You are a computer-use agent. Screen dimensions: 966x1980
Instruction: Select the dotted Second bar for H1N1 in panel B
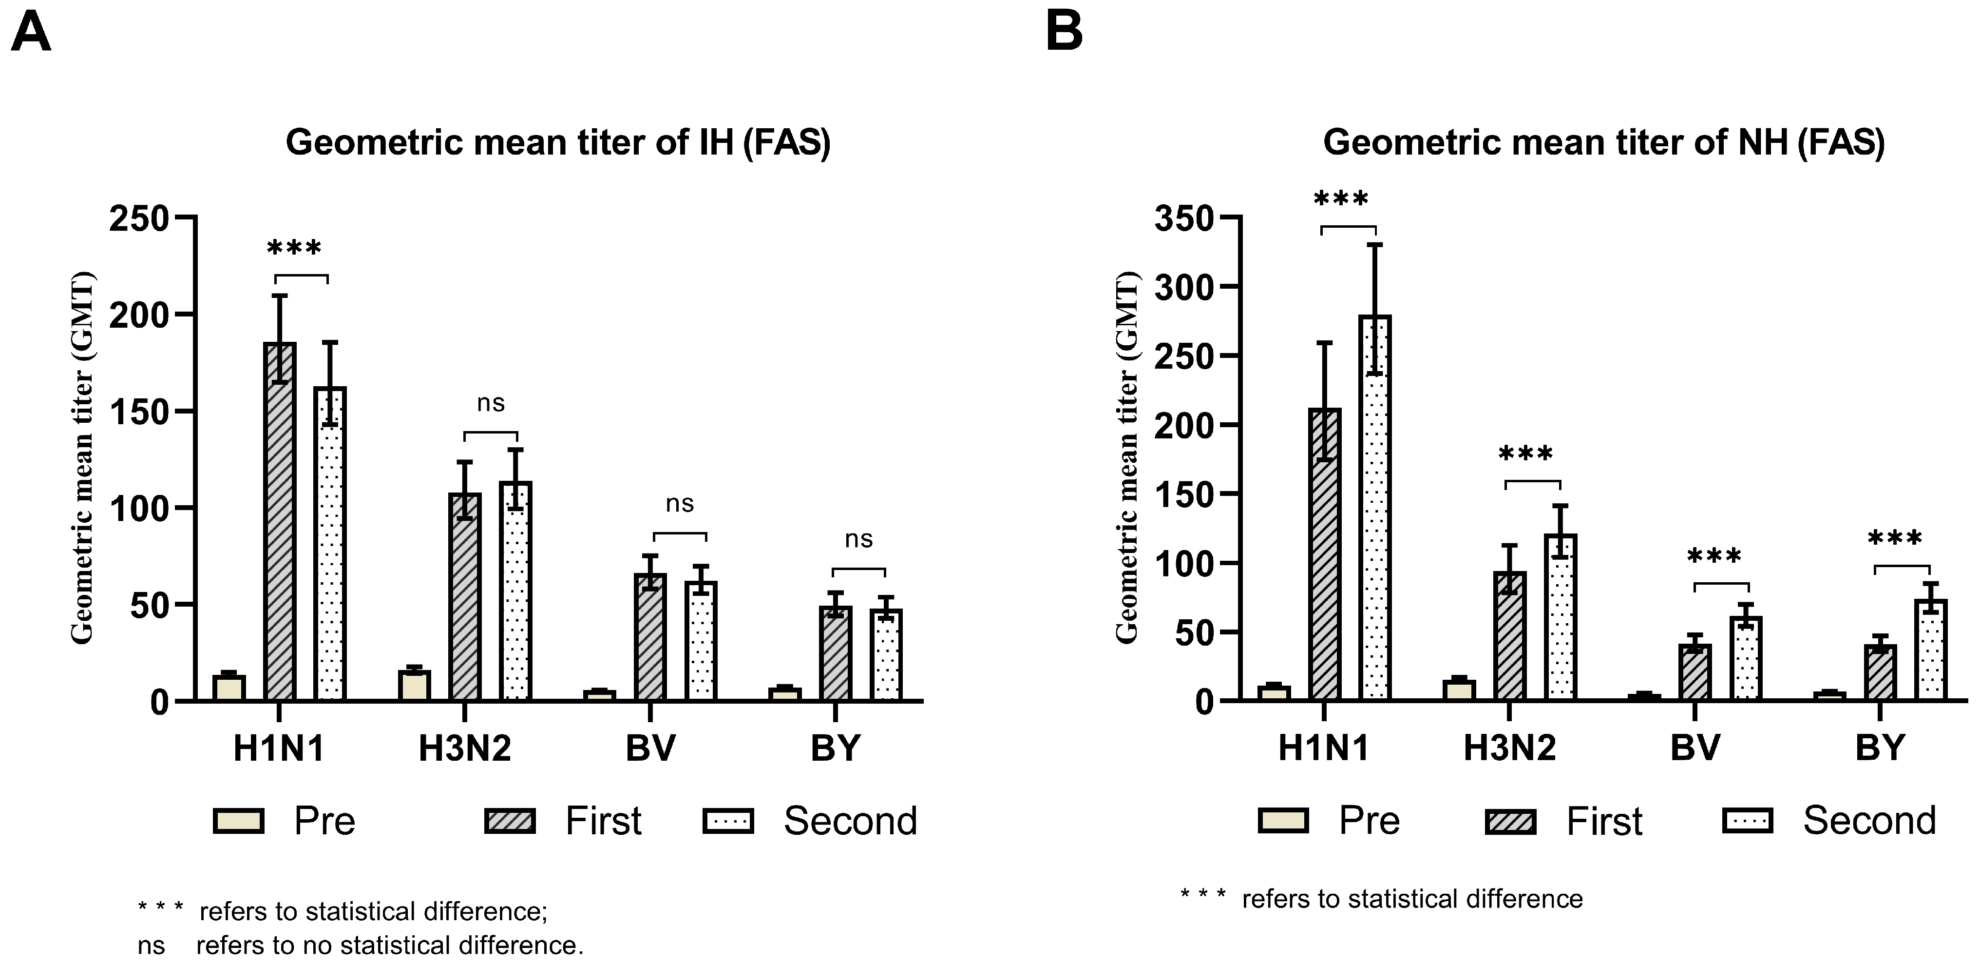(x=1375, y=508)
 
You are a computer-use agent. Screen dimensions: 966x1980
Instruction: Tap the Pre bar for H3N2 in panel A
(x=414, y=685)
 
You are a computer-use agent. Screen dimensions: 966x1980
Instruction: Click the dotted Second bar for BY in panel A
(x=886, y=654)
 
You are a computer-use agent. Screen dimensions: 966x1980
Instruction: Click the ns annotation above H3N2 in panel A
(x=491, y=403)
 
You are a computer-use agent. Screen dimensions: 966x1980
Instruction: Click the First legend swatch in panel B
(x=1511, y=821)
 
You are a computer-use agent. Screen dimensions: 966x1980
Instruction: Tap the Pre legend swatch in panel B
(x=1283, y=821)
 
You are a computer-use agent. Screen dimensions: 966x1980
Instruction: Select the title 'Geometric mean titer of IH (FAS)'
(x=558, y=143)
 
